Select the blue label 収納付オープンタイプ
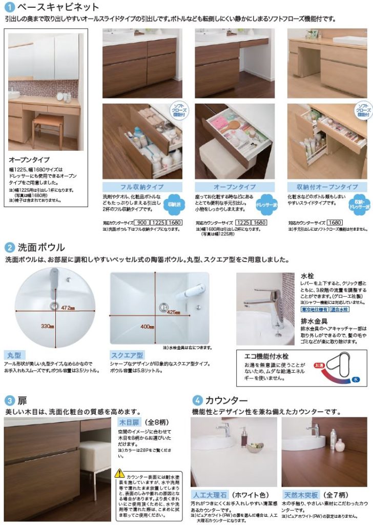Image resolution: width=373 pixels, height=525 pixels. (324, 187)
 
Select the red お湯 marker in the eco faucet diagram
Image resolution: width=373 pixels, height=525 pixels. (319, 365)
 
